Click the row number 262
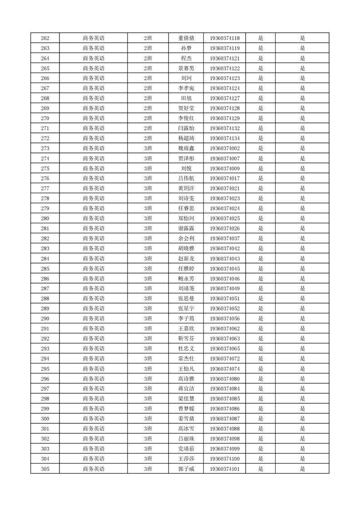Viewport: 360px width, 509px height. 45,38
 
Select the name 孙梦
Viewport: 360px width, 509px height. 186,48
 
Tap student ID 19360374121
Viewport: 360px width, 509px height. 225,58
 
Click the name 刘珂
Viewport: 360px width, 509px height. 186,78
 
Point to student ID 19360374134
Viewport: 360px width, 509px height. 225,138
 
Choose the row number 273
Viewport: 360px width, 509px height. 45,148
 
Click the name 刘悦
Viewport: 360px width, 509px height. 186,168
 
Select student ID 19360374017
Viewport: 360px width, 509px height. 225,178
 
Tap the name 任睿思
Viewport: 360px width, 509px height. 186,208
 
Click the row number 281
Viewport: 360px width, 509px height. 45,228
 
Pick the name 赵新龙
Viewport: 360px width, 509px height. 186,258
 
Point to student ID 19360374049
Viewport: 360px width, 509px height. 225,288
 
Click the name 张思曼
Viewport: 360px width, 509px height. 186,298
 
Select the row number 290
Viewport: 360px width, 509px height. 45,318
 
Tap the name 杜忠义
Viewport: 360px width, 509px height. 186,348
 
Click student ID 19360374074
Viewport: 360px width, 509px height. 225,368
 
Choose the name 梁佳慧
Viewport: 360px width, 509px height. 186,398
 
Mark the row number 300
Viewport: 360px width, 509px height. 45,418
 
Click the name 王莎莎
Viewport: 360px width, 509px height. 186,458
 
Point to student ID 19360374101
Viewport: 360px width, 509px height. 225,468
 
